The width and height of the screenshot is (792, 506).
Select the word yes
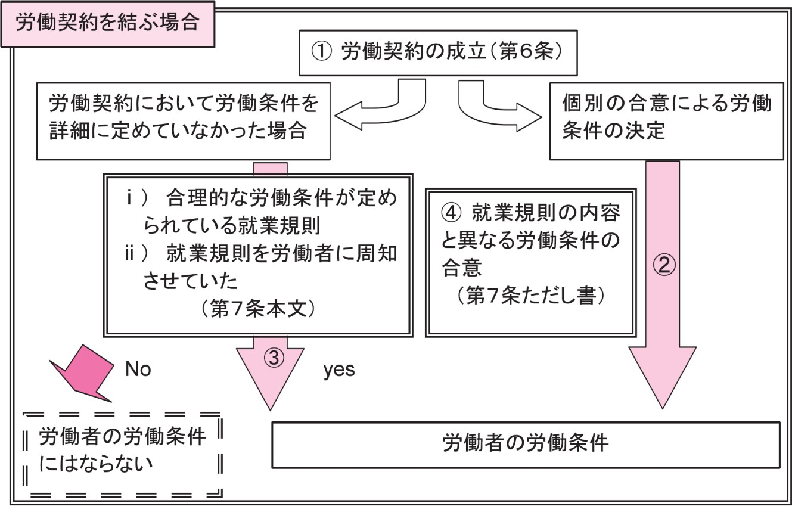339,370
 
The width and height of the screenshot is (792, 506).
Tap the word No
138,370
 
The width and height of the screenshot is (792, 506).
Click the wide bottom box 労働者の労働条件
525,445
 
